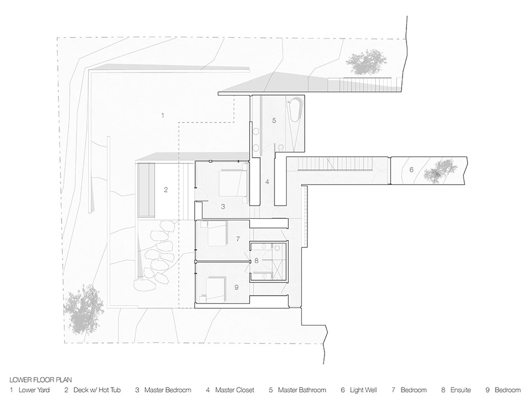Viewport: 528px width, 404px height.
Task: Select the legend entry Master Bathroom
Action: [x=297, y=390]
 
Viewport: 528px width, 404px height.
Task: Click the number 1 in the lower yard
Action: [x=162, y=115]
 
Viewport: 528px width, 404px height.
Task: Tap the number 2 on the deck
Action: [x=165, y=190]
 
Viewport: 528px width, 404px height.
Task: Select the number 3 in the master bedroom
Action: [x=223, y=207]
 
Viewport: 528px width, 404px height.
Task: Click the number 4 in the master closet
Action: [x=267, y=181]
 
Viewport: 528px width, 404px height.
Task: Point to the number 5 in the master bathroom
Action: [x=273, y=119]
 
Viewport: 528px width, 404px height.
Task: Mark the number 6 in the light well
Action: [x=411, y=170]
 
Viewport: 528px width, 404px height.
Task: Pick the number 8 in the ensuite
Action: [x=256, y=261]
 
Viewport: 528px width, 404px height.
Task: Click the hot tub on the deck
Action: [x=145, y=190]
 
